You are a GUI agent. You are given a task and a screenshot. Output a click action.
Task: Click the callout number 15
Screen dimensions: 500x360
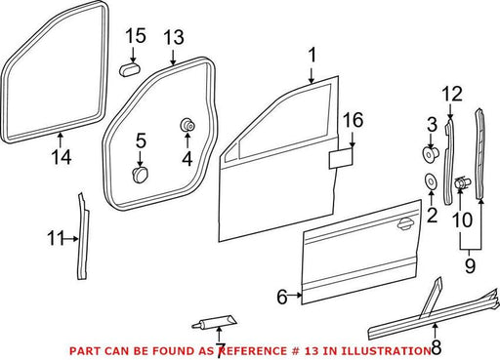click(x=136, y=36)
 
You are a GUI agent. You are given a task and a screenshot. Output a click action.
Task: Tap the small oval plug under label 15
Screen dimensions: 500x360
click(x=130, y=70)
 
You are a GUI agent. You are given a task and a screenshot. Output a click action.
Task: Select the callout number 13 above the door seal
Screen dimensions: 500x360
click(x=174, y=37)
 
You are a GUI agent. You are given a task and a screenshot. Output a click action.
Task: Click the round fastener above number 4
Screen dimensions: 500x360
click(x=187, y=125)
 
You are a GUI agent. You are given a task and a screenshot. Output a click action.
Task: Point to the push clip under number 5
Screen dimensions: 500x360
click(x=141, y=175)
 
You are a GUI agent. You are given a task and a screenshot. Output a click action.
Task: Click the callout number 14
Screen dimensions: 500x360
click(x=62, y=157)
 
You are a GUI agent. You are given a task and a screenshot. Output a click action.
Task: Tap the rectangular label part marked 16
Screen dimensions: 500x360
click(x=341, y=158)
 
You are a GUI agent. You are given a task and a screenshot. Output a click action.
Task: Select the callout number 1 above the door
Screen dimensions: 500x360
click(x=312, y=55)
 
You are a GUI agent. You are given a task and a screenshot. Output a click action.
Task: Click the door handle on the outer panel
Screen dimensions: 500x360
click(x=404, y=224)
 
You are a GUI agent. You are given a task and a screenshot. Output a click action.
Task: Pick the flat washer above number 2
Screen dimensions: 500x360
click(x=431, y=181)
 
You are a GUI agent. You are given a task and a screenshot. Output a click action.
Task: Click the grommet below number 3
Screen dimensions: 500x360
click(x=431, y=154)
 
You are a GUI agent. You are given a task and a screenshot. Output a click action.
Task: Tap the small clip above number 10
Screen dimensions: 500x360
click(x=462, y=184)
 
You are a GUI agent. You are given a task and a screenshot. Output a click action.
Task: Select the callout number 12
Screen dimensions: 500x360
click(x=452, y=94)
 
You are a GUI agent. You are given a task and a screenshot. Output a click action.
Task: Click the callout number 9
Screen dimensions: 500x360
click(x=470, y=265)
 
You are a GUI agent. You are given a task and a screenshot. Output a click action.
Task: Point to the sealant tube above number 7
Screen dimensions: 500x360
click(x=215, y=323)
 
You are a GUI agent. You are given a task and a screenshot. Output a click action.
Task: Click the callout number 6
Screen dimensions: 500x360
click(x=282, y=297)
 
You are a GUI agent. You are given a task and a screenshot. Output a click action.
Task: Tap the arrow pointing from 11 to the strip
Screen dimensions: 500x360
click(x=71, y=239)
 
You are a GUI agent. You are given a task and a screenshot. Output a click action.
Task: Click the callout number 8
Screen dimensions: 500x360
click(x=436, y=347)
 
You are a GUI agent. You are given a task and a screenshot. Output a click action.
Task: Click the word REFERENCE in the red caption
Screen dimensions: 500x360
click(x=252, y=351)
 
